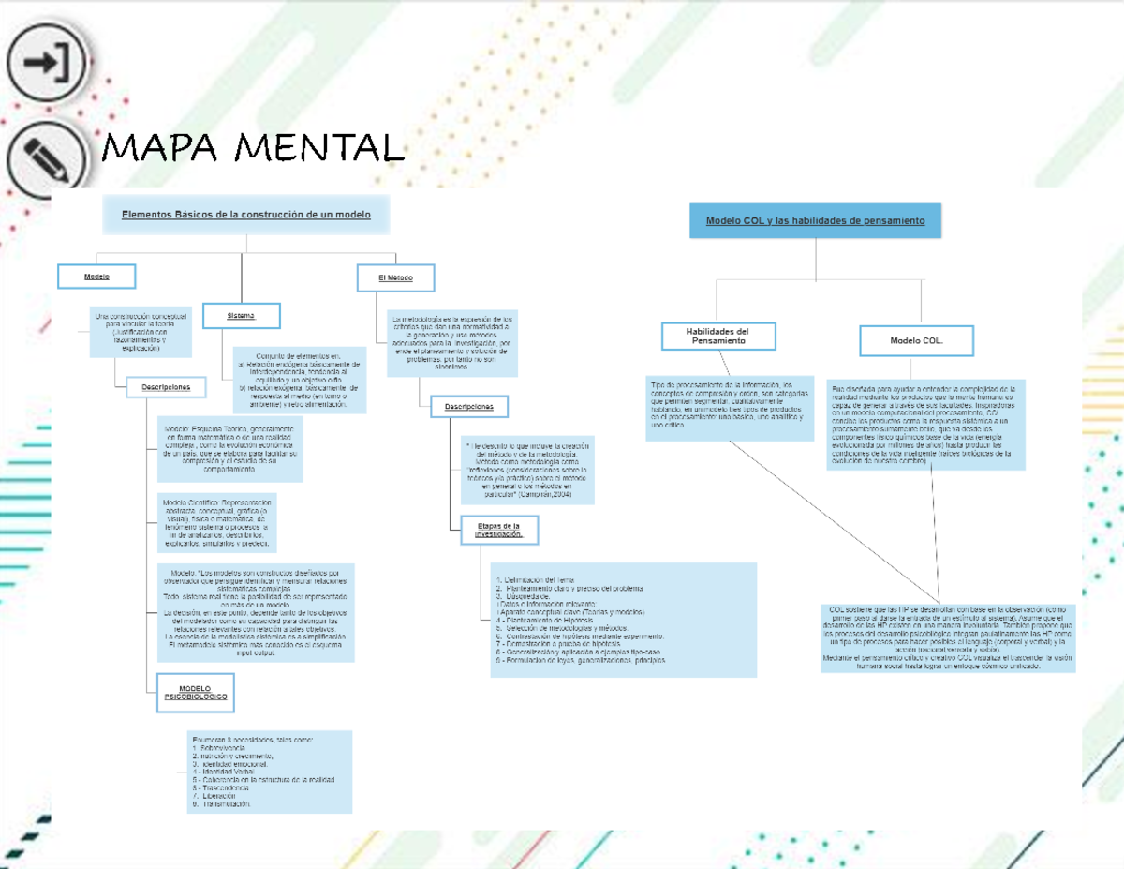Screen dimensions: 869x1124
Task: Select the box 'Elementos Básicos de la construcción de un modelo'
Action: (x=246, y=215)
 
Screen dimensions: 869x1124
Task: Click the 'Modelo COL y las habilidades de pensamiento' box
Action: (x=815, y=220)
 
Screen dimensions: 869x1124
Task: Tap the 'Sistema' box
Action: (x=241, y=317)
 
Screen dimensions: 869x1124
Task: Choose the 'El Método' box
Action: (x=394, y=278)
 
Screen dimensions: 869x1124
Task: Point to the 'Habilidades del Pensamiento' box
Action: (x=717, y=337)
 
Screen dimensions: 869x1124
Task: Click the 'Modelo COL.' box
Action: (x=916, y=341)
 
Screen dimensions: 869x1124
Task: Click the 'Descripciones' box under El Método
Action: (x=468, y=406)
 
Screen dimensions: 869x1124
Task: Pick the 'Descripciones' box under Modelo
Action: (x=166, y=386)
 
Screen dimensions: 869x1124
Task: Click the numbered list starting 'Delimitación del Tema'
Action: (x=623, y=620)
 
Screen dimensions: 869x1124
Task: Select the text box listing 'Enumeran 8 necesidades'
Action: (x=269, y=772)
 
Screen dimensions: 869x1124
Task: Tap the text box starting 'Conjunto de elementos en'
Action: (x=299, y=380)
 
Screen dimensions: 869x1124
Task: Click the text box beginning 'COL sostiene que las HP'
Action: (x=948, y=637)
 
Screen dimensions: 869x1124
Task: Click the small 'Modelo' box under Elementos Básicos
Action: (x=96, y=277)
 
